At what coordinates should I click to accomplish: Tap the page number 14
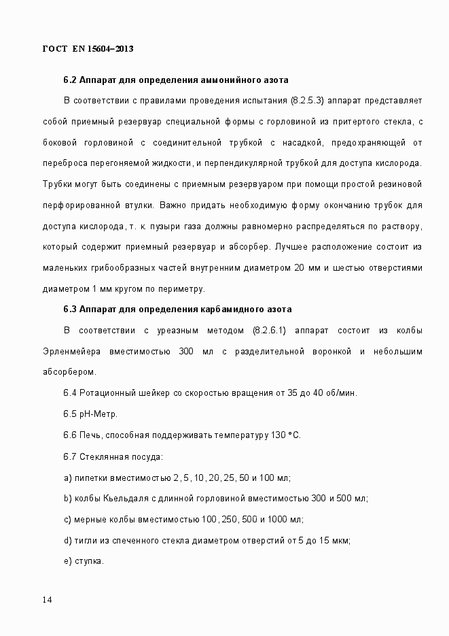[48, 600]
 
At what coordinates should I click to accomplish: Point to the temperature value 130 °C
[285, 435]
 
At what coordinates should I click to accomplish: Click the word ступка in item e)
[88, 562]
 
